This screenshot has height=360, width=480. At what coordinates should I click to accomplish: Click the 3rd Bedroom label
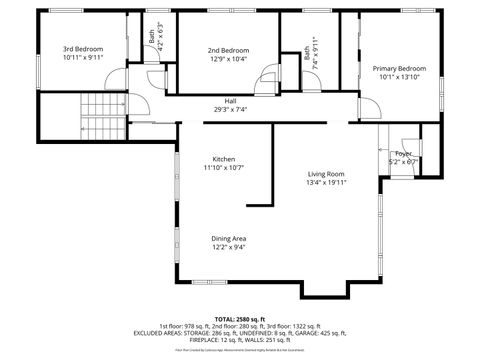(83, 48)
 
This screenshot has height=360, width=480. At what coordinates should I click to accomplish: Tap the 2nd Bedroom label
(228, 50)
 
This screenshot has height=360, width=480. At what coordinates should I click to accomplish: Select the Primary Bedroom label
(399, 68)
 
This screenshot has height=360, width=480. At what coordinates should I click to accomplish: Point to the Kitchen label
(224, 159)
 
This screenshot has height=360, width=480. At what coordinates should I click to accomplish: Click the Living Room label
(326, 174)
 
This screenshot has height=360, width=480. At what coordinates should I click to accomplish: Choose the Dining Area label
(228, 238)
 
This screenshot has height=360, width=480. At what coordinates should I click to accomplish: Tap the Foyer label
(404, 153)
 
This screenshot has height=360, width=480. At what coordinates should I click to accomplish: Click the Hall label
(230, 101)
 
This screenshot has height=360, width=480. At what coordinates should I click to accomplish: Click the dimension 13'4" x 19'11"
(326, 183)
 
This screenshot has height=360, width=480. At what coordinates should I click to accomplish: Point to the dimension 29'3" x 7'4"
(230, 109)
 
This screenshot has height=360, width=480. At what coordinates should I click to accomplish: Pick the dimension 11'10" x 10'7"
(224, 168)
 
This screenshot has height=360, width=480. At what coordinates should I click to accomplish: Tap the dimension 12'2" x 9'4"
(228, 247)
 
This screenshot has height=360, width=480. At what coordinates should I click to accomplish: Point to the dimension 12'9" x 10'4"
(228, 59)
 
